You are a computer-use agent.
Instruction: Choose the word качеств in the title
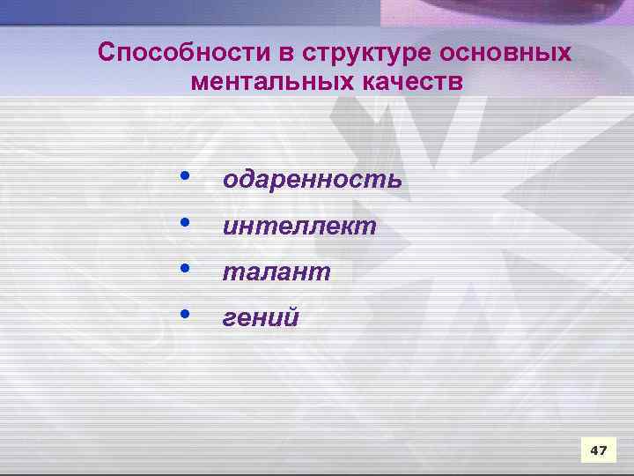[410, 82]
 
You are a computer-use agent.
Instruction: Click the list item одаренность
[313, 180]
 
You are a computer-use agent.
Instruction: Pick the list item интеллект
[299, 227]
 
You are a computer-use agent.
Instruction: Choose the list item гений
[261, 318]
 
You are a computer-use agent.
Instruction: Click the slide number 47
[598, 450]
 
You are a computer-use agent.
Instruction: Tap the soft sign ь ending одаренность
[394, 181]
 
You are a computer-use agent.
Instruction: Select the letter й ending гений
[291, 316]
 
